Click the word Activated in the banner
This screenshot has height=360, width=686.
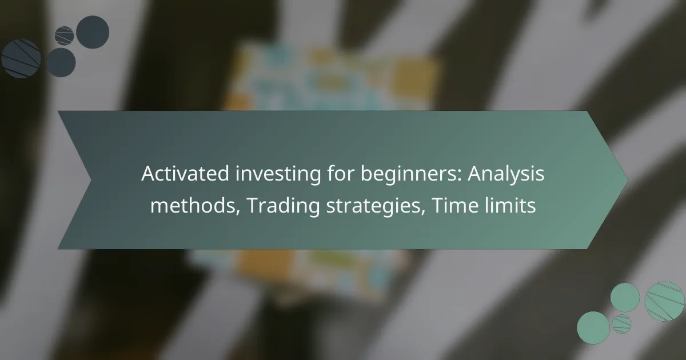[x=179, y=174]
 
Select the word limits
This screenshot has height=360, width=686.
[x=508, y=204]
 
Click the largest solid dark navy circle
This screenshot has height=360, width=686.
[x=93, y=32]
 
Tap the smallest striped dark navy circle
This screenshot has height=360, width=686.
[x=64, y=36]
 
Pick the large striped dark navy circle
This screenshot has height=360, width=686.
[x=21, y=58]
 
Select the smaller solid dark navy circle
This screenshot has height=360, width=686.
[x=61, y=62]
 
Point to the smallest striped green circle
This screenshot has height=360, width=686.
[x=621, y=324]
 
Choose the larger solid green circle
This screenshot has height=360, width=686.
[x=593, y=328]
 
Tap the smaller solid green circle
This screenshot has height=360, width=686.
[x=625, y=298]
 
